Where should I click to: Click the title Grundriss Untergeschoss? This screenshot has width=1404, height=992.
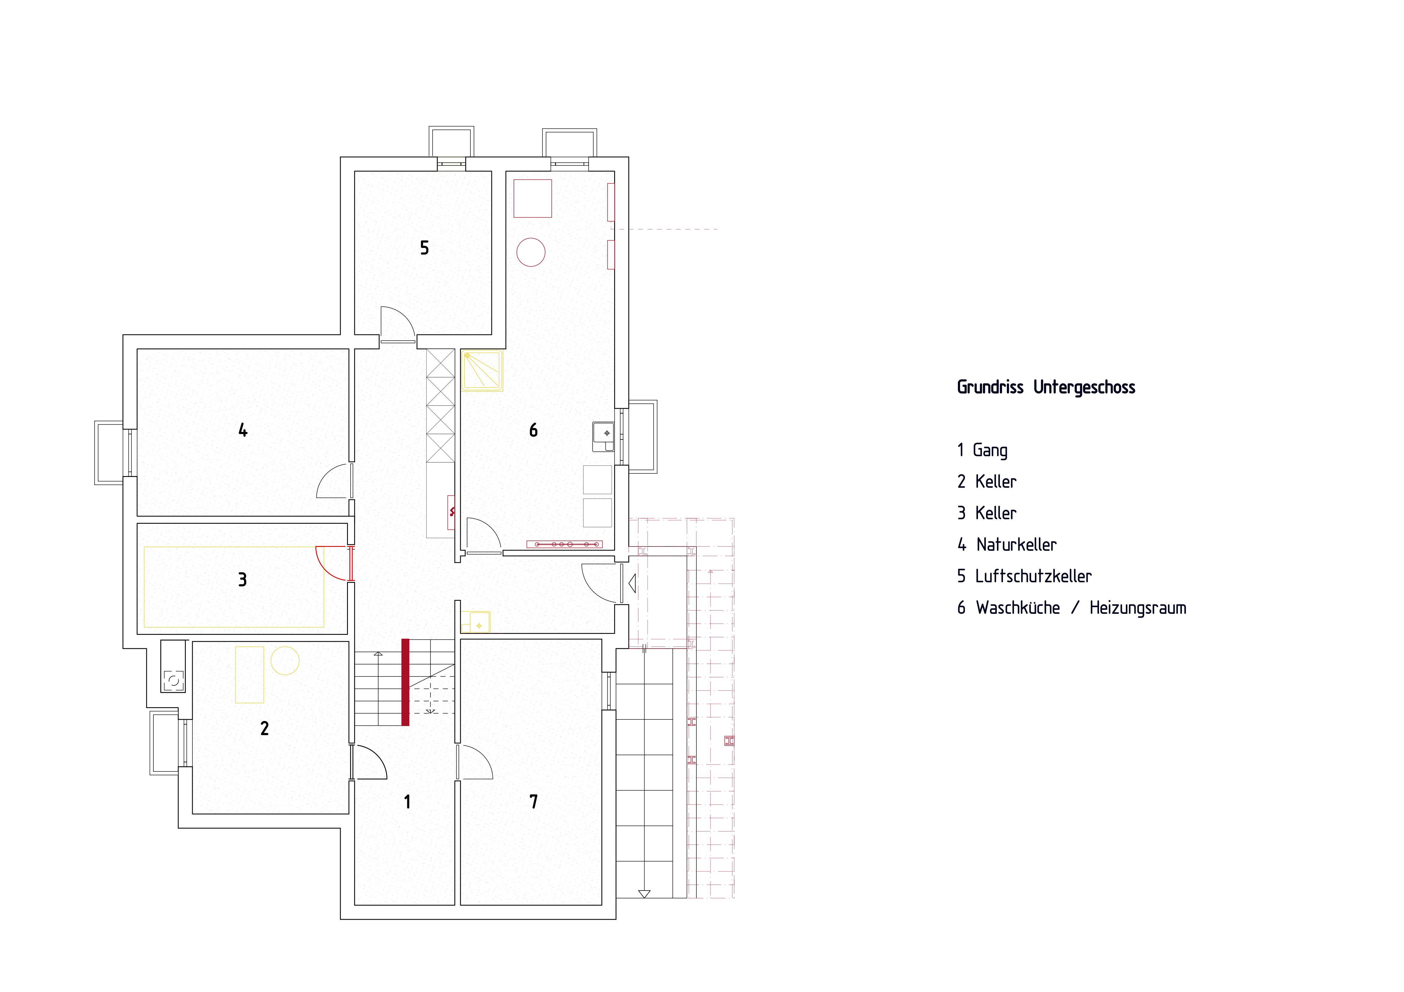(x=1046, y=387)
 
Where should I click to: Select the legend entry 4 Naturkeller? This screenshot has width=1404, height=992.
(x=1007, y=544)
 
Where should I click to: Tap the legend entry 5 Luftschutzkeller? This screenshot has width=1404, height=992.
(x=1024, y=576)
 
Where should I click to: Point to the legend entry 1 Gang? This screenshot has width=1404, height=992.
(x=982, y=450)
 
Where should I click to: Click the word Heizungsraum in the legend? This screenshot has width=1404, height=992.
(x=1137, y=608)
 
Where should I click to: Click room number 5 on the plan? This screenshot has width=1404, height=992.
(x=424, y=248)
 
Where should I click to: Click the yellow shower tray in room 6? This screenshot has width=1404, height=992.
(x=482, y=370)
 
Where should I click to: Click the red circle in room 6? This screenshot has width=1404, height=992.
(x=531, y=252)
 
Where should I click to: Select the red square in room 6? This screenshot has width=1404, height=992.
(x=533, y=198)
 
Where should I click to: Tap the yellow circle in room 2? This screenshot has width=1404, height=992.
(x=285, y=661)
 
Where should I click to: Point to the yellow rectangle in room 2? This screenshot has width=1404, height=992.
(x=249, y=674)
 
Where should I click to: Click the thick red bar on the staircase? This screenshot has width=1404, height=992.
(x=405, y=682)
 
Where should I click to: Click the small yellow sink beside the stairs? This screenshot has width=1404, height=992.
(x=476, y=622)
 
